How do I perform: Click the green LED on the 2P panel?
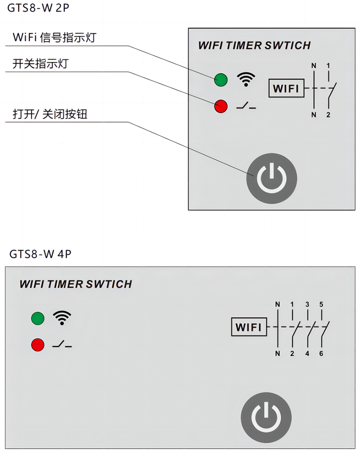(x=221, y=80)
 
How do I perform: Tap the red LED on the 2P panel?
(x=221, y=107)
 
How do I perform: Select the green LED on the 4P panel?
(x=38, y=318)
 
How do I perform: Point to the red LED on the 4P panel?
(x=38, y=344)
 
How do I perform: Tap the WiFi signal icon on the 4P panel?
(x=62, y=318)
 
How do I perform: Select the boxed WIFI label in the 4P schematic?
(x=248, y=327)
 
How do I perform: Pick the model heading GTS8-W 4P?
(x=41, y=254)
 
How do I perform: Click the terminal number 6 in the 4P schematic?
(x=321, y=354)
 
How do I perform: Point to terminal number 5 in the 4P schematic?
(x=321, y=304)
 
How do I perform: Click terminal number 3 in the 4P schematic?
(x=307, y=304)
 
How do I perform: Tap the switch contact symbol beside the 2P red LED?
(x=246, y=107)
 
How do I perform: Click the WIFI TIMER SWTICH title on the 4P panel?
(x=76, y=284)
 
